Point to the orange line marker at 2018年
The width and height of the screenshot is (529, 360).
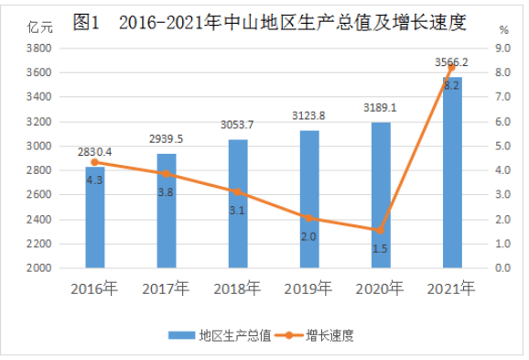click(x=237, y=191)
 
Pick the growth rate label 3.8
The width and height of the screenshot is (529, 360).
click(x=166, y=192)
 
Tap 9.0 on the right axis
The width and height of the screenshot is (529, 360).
click(x=502, y=48)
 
